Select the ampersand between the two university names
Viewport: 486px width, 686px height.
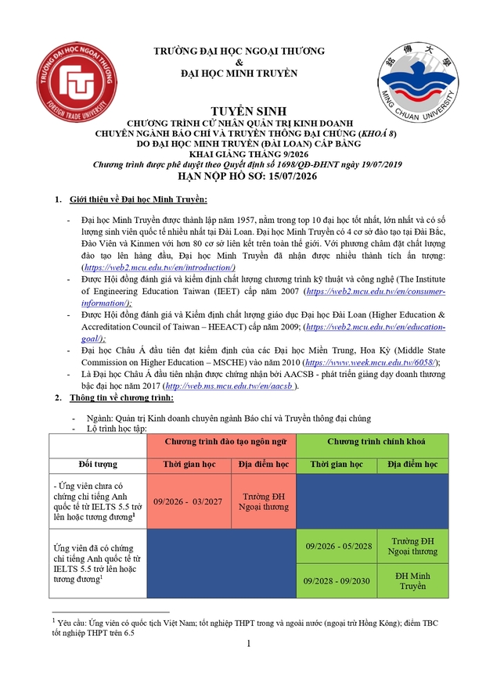pos(239,63)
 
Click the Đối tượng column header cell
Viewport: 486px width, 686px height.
pos(98,465)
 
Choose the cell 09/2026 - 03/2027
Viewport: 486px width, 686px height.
pos(190,501)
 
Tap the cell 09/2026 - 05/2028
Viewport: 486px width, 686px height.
pos(339,546)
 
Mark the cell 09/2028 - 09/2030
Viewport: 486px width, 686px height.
pos(339,580)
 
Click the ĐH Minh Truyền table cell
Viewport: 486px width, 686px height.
pos(413,580)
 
